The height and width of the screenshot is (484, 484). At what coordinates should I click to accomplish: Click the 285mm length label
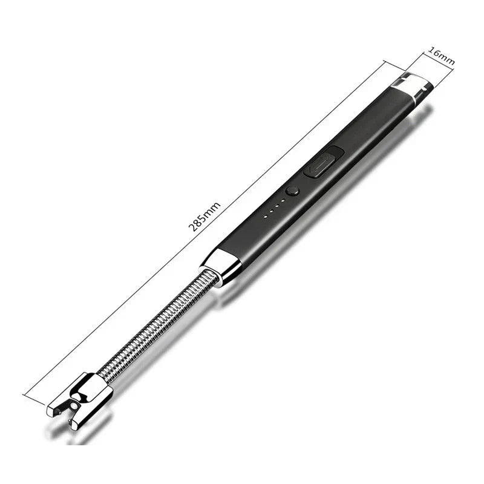(x=205, y=216)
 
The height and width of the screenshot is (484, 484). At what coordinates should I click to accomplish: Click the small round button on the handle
(x=293, y=192)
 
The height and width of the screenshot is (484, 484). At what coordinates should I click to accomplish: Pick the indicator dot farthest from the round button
(x=266, y=216)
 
